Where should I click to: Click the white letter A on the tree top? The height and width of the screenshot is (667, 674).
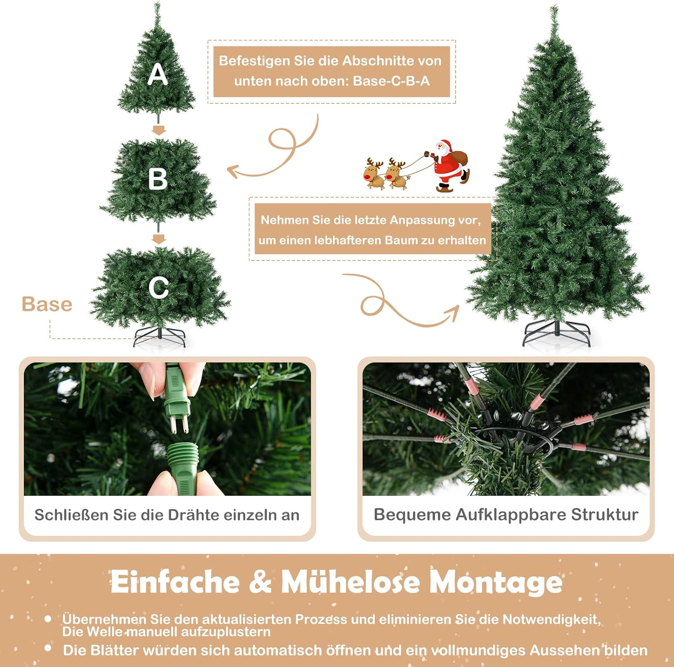point(158,74)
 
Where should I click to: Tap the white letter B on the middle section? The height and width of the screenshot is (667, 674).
point(158,179)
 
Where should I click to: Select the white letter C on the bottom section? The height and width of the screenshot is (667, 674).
point(158,287)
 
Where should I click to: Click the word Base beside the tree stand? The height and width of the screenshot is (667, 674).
point(47,304)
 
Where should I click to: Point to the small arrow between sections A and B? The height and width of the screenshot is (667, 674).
point(159,130)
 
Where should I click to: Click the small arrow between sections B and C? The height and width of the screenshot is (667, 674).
point(159,239)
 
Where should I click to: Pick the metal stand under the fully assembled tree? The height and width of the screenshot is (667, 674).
point(557,333)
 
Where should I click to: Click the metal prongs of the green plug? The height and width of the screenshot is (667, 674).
point(178,424)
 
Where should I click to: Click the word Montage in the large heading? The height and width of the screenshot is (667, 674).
point(496,583)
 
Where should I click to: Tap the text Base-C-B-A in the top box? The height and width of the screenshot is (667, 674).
point(391,81)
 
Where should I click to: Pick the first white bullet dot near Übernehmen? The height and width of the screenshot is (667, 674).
point(48,619)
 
